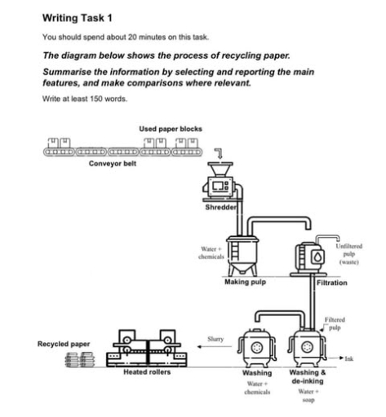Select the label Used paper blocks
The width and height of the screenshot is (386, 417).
tap(171, 129)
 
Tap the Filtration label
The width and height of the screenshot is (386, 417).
tap(331, 282)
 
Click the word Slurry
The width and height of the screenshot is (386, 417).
tap(216, 338)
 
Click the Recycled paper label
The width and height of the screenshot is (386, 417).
tap(64, 345)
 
